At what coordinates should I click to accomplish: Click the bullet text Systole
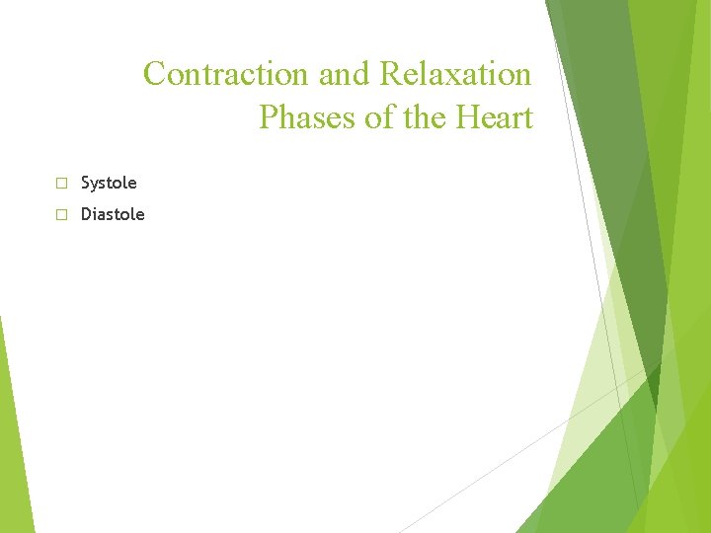(x=109, y=183)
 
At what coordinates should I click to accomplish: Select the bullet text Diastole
(x=113, y=214)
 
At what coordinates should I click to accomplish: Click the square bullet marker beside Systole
(x=60, y=184)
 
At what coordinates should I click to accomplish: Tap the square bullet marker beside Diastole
(x=60, y=215)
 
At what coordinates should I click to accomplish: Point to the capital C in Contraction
(x=155, y=74)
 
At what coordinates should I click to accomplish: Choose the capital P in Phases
(x=268, y=118)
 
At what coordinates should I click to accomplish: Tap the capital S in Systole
(x=86, y=183)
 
